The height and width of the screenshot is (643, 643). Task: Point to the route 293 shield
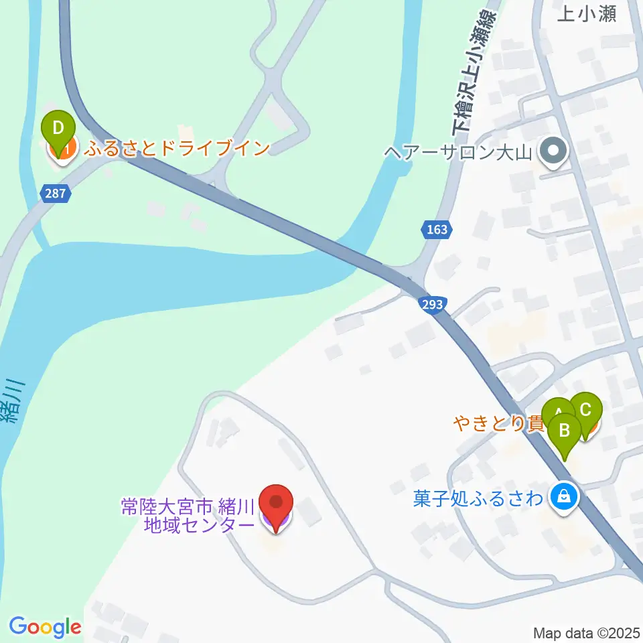tap(432, 305)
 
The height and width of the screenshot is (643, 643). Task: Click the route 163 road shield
tap(436, 230)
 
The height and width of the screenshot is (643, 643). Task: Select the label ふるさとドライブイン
tap(177, 148)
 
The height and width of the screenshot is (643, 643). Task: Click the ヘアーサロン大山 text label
tap(458, 152)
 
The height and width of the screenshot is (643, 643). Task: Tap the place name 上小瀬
tap(587, 13)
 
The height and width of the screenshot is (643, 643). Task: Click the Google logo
tap(45, 627)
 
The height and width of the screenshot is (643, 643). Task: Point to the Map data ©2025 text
tap(587, 632)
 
